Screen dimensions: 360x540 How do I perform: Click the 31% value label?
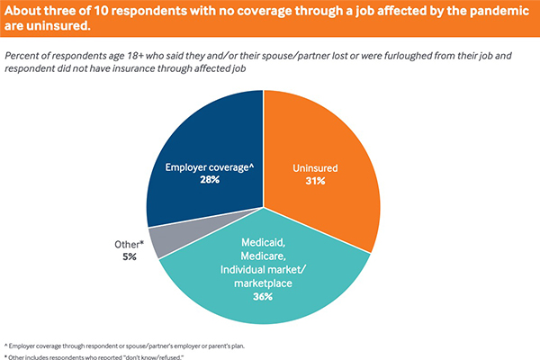click(315, 180)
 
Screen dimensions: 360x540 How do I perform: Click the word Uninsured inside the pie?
click(316, 166)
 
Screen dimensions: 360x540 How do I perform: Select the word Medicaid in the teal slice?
click(265, 241)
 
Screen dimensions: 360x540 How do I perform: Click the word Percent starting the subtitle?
click(23, 55)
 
